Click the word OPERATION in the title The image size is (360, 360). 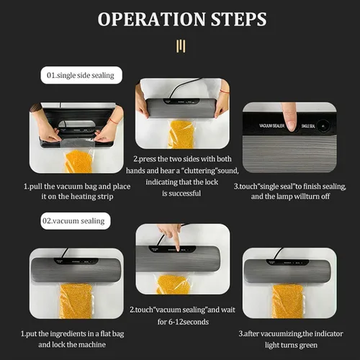click(152, 19)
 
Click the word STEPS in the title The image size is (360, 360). click(239, 19)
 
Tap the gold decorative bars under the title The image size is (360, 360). click(181, 46)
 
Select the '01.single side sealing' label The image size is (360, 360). click(81, 75)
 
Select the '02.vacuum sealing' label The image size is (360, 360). click(76, 221)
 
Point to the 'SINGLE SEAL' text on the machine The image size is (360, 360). click(308, 126)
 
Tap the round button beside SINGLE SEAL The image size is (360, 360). click(323, 126)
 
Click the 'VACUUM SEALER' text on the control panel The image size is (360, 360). click(271, 125)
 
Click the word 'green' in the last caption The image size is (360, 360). click(307, 346)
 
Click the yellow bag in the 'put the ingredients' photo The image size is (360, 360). click(76, 301)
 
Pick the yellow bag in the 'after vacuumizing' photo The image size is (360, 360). click(287, 301)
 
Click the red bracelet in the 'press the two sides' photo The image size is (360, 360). click(225, 91)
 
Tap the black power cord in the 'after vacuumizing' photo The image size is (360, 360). click(279, 254)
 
